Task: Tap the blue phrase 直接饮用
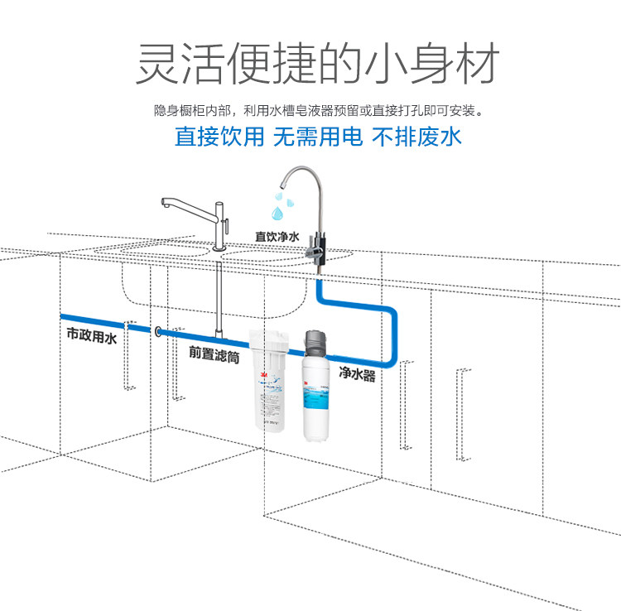click(219, 137)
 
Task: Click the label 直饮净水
click(277, 237)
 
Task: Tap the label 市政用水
click(92, 337)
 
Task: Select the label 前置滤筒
click(214, 352)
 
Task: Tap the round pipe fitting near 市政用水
click(156, 332)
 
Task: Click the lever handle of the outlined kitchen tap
click(227, 222)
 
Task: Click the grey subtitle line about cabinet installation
click(318, 109)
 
